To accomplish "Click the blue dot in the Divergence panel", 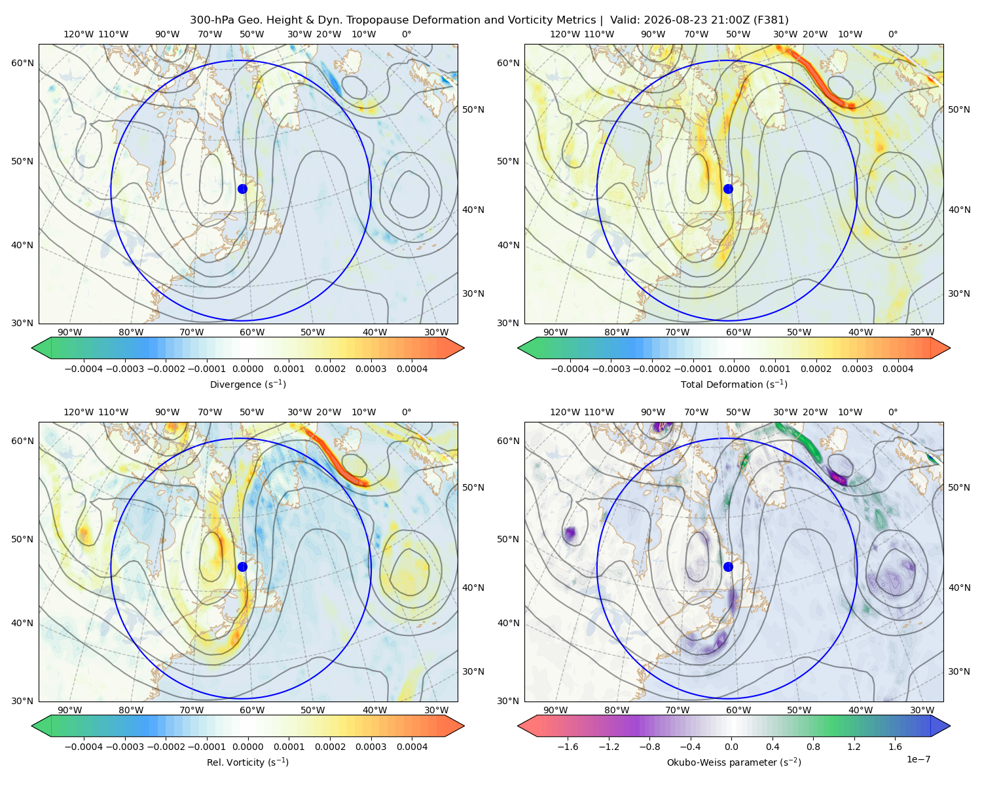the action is (x=242, y=189).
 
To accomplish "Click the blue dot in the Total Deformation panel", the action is (x=728, y=189).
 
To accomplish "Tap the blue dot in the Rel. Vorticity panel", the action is (x=242, y=567).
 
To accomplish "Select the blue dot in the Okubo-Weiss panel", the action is (x=728, y=567).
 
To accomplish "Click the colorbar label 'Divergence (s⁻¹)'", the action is (x=247, y=384).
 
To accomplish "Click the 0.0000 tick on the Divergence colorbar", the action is (x=247, y=369).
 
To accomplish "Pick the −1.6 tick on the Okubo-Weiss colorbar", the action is (x=568, y=746).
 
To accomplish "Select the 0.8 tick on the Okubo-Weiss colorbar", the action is (x=813, y=746).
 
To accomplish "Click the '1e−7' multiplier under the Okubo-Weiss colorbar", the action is (x=918, y=759).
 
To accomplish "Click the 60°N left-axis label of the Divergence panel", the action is (x=22, y=63).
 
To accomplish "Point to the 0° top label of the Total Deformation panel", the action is (x=892, y=34).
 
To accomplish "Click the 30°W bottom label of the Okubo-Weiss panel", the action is (x=922, y=710).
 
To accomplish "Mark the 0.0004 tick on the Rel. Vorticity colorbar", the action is (x=412, y=746).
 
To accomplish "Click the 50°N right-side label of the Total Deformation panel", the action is (x=959, y=109).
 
